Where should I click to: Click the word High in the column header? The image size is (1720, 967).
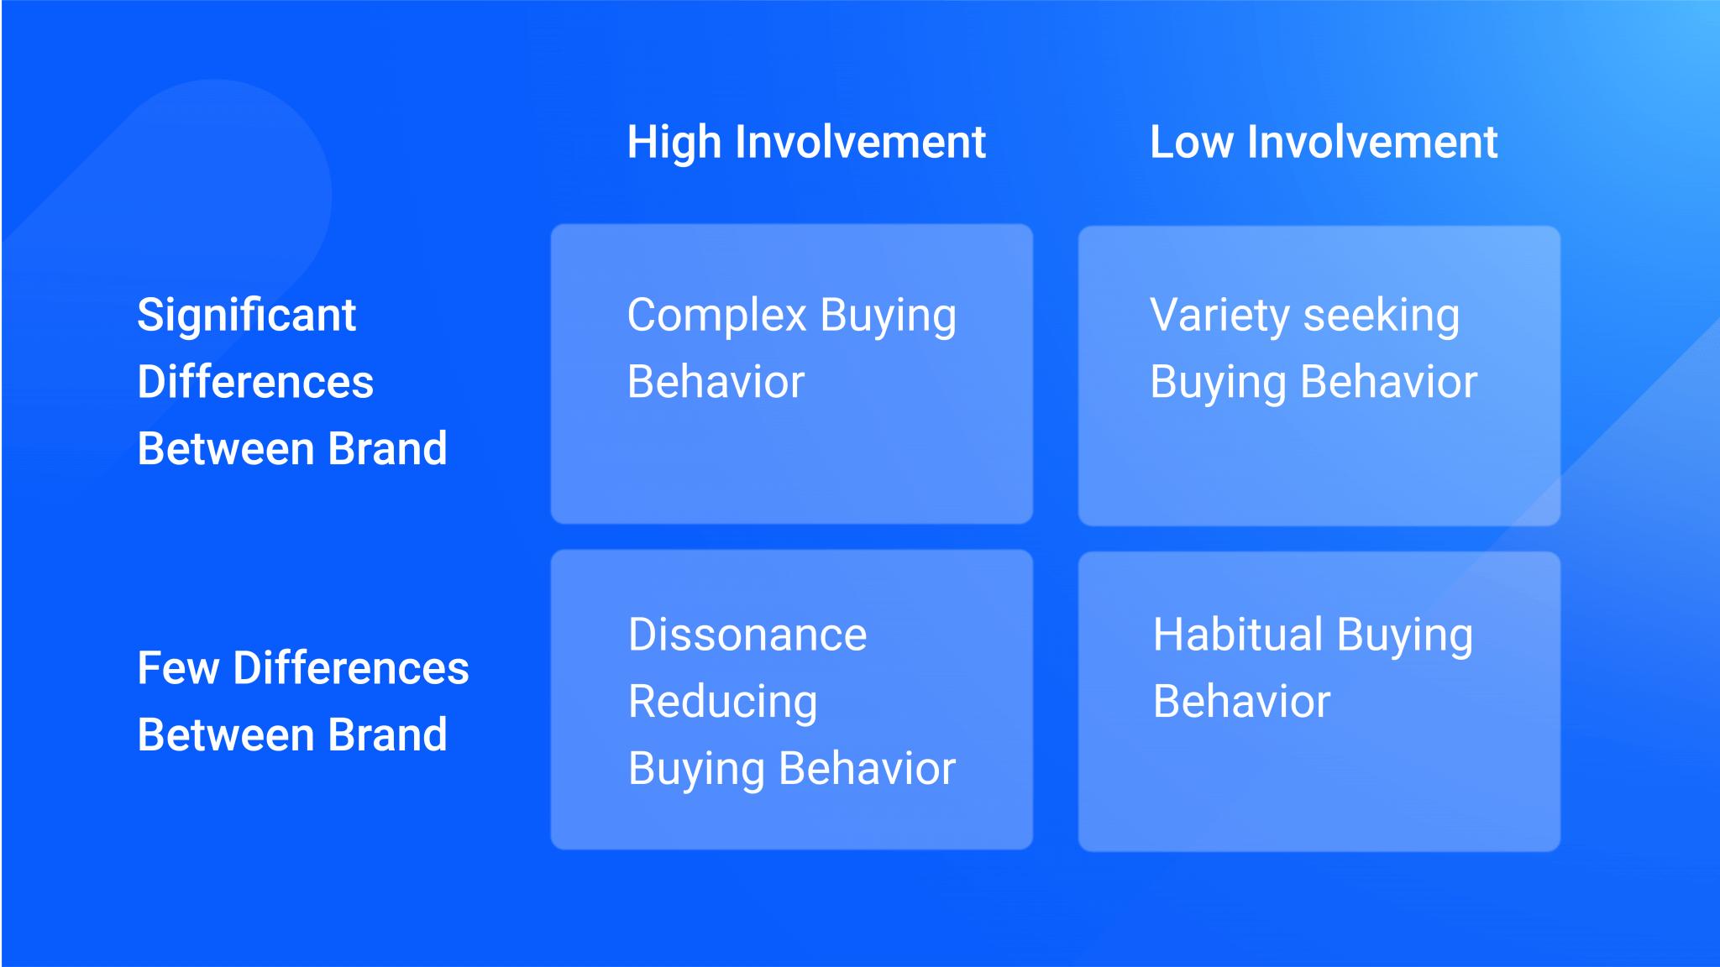674,143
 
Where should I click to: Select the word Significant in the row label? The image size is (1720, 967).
247,316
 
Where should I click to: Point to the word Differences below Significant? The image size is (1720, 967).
255,383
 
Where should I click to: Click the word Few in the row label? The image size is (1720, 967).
178,669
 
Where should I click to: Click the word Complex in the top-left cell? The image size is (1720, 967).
716,316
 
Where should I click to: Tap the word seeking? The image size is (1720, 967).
1382,316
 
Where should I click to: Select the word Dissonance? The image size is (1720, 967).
747,635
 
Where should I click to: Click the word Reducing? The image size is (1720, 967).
722,702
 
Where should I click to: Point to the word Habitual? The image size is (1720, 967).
1238,635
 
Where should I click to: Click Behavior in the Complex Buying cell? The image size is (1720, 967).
716,383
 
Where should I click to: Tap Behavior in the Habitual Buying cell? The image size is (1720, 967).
1241,702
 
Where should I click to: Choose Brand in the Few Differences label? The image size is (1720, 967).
387,735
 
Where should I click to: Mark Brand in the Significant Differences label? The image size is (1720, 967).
387,449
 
